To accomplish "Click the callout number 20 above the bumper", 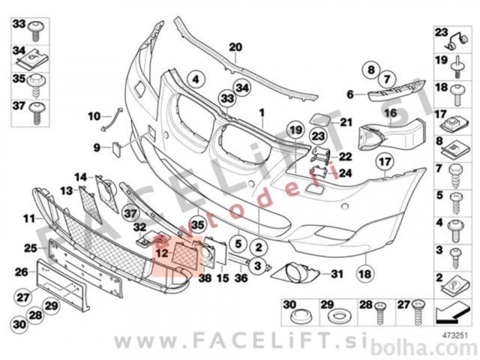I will (235, 47).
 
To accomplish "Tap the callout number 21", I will (346, 122).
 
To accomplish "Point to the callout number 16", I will (390, 112).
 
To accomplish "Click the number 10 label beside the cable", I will (93, 116).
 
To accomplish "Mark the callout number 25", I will (30, 247).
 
